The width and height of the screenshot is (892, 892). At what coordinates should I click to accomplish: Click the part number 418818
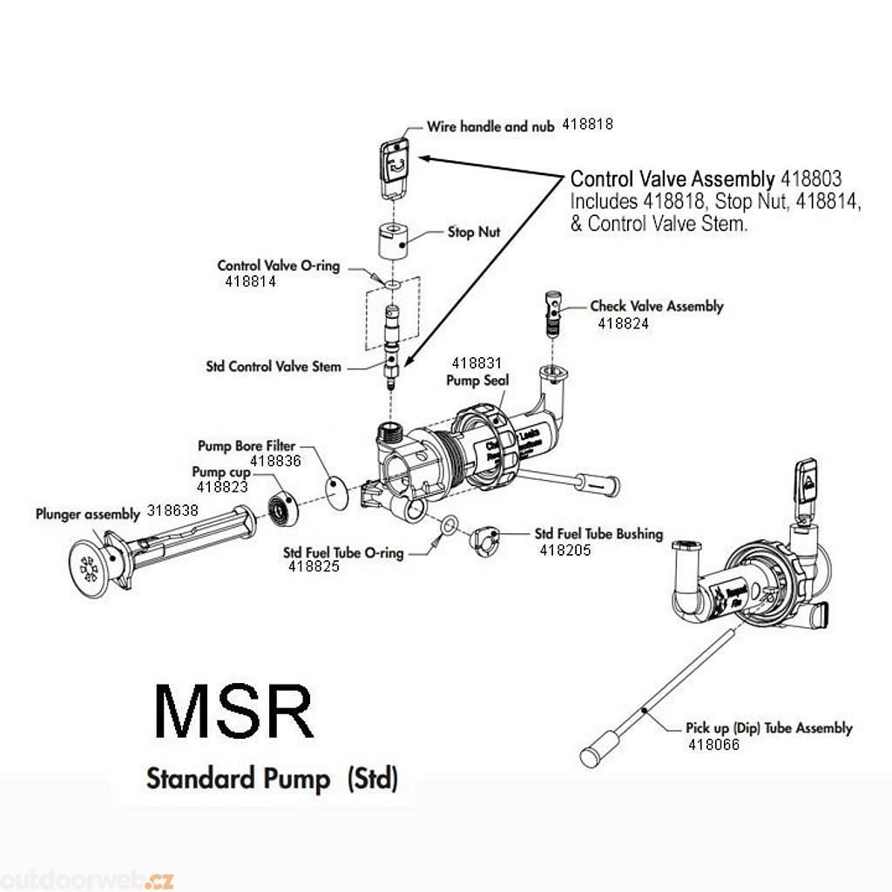click(587, 125)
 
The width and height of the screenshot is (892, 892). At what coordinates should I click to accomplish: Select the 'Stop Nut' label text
click(473, 233)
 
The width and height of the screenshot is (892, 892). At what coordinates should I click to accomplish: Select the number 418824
click(623, 323)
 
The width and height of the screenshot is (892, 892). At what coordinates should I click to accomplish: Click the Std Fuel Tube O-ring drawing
click(448, 525)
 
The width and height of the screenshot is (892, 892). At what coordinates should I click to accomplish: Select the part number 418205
click(565, 550)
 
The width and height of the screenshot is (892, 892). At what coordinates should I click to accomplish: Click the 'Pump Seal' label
click(477, 381)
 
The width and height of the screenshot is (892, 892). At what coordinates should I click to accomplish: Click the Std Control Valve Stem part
click(394, 344)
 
